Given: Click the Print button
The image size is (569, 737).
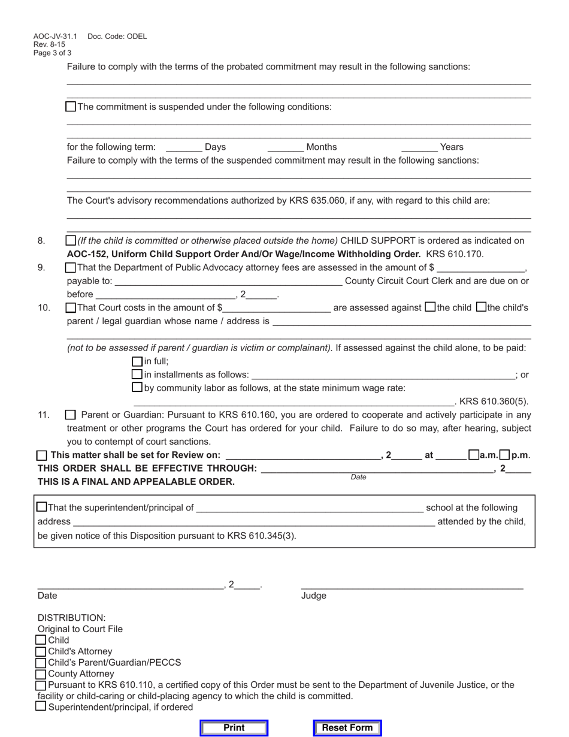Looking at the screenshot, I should click(x=234, y=727).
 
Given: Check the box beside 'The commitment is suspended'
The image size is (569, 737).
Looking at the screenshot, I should click(x=71, y=107).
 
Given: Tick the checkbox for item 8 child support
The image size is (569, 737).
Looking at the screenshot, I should click(x=71, y=240).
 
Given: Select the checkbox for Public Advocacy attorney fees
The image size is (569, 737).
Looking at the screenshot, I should click(x=71, y=267).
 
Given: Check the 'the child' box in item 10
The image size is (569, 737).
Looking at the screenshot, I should click(x=430, y=307).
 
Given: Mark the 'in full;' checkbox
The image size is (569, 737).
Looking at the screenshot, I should click(x=137, y=361).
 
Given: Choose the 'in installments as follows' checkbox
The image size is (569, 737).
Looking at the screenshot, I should click(x=137, y=374).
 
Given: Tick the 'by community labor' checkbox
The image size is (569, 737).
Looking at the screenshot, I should click(x=137, y=388).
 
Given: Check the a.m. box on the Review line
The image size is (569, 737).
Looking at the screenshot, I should click(x=474, y=455).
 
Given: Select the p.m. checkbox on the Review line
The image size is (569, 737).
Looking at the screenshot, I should click(x=504, y=455).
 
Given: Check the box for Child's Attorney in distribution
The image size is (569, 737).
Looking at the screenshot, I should click(x=41, y=651).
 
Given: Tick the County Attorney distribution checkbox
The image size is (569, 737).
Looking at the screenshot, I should click(x=41, y=673).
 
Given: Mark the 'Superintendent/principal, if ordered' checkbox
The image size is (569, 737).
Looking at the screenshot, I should click(x=41, y=706).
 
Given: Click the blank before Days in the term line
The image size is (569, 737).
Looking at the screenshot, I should click(x=184, y=147).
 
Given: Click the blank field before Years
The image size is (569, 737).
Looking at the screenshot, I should click(x=419, y=147).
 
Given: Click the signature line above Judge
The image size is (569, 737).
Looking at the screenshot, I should click(x=412, y=585).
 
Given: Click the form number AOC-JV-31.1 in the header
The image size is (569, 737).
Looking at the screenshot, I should click(x=55, y=37).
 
